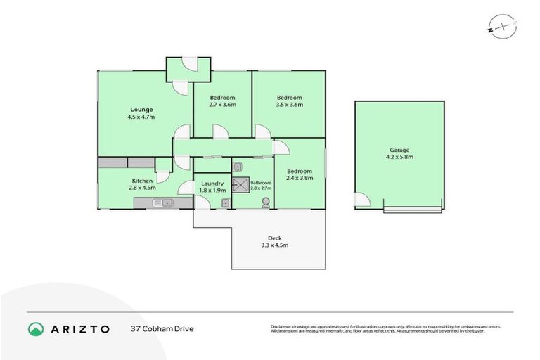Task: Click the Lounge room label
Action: pyautogui.click(x=141, y=109)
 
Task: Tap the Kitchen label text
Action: pyautogui.click(x=143, y=180)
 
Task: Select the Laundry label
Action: pyautogui.click(x=212, y=183)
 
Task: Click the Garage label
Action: pyautogui.click(x=399, y=150)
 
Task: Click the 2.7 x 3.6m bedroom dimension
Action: pyautogui.click(x=222, y=105)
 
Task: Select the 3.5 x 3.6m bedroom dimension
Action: pyautogui.click(x=289, y=105)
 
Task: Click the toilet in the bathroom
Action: pyautogui.click(x=265, y=202)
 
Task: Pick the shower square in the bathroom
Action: pyautogui.click(x=241, y=185)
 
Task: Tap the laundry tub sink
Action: pyautogui.click(x=224, y=203)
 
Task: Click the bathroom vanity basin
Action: pyautogui.click(x=238, y=167)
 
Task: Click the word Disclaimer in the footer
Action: pyautogui.click(x=281, y=326)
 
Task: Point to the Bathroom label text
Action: pyautogui.click(x=261, y=183)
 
